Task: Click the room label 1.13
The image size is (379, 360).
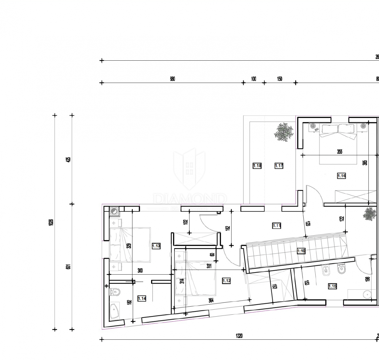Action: coord(156,246)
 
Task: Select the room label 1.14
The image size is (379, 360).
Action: coord(142,299)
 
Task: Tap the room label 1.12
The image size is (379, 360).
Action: coord(226,281)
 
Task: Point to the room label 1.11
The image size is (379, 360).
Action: coord(277,226)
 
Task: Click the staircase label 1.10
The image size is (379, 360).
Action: coord(301,251)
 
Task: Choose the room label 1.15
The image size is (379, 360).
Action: coord(332,286)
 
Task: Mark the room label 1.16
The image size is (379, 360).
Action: coord(341,176)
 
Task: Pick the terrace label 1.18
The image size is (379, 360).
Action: coord(257,166)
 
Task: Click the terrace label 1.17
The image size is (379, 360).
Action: coord(279,166)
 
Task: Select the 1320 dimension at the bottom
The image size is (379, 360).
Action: coord(239,336)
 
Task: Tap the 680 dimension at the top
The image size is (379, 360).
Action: coord(172,79)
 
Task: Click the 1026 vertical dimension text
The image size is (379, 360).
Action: coord(51,222)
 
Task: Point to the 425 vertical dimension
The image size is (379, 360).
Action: coord(68,159)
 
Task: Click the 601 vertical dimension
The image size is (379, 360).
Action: coord(68,267)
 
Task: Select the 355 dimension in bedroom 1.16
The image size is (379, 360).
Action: coord(339,152)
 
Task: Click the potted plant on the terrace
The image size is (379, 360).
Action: coord(284,132)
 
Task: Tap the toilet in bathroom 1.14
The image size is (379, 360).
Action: coord(115,292)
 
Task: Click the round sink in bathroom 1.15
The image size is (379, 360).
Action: coord(367,294)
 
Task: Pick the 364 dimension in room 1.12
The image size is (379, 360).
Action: coord(211,300)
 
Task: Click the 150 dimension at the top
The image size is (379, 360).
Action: coord(280,79)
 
